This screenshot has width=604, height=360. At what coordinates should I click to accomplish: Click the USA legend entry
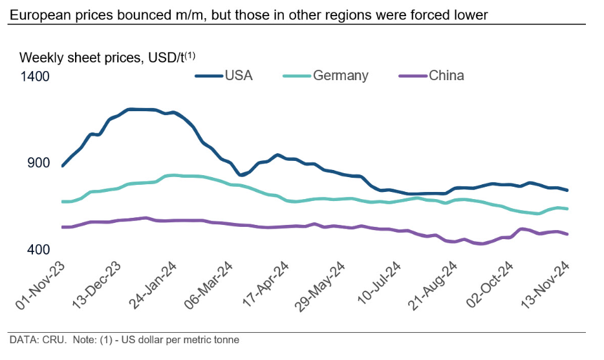click(x=238, y=76)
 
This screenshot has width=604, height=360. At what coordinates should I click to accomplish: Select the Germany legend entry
click(x=340, y=76)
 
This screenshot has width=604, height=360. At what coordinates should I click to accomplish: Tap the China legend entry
click(x=446, y=76)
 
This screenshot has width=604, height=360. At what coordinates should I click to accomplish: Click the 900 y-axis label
click(x=38, y=163)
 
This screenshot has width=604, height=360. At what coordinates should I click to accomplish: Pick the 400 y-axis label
click(x=38, y=249)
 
